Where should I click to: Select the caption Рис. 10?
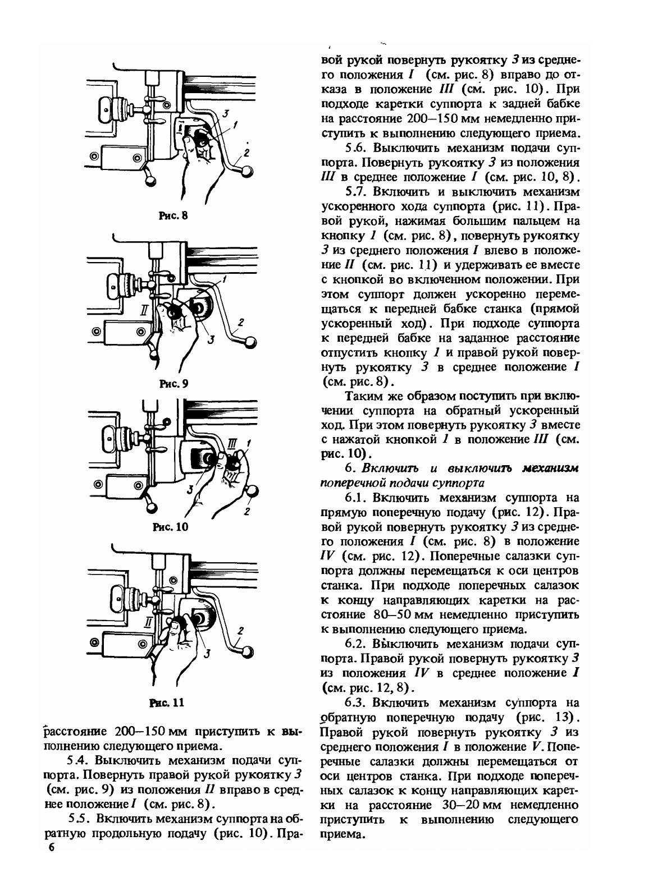171,527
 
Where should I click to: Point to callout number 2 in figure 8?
246,151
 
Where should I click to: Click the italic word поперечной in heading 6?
347,483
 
